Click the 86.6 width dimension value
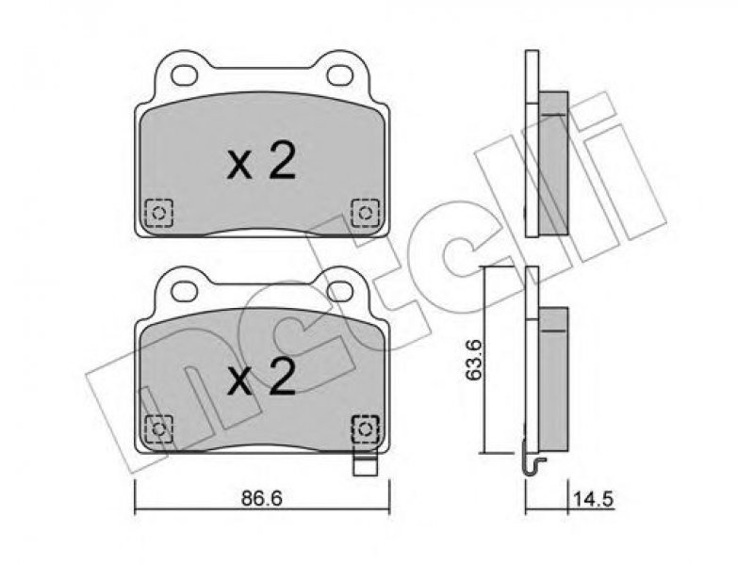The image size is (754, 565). (x=261, y=498)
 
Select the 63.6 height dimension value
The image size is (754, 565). (x=474, y=360)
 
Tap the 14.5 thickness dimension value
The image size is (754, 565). (x=594, y=499)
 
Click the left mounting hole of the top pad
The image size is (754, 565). (x=185, y=75)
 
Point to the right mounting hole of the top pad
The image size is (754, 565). (x=340, y=75)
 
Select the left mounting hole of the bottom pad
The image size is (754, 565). (x=185, y=291)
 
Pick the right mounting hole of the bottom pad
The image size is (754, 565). (x=340, y=291)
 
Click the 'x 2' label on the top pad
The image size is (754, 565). (x=261, y=162)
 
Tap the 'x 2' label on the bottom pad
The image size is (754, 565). (x=261, y=378)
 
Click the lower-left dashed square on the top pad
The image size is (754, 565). (x=158, y=213)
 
